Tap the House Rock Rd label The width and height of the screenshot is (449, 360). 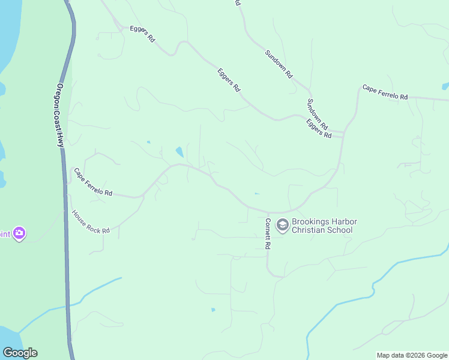[91, 222]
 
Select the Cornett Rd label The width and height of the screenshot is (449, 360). [268, 233]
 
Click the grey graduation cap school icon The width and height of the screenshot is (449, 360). [282, 226]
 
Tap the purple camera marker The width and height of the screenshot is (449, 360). [19, 233]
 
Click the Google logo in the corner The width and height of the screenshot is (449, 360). [20, 353]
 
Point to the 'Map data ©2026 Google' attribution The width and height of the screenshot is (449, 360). [412, 355]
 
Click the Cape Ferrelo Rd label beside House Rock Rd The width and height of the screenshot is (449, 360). [93, 182]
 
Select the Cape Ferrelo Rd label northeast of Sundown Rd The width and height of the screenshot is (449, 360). [385, 92]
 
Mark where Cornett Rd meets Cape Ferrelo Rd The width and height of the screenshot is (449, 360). [268, 212]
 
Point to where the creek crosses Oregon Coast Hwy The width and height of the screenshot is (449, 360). [68, 304]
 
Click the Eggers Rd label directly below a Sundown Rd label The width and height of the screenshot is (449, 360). [319, 128]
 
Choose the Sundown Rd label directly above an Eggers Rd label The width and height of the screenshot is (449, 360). [317, 115]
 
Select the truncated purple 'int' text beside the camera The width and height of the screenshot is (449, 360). [5, 233]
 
